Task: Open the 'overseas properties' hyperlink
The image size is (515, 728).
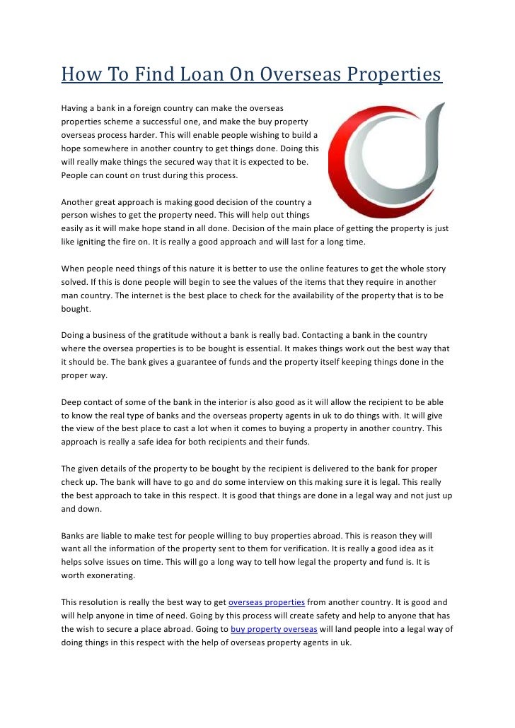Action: tap(267, 602)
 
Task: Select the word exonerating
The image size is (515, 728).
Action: tap(108, 575)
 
